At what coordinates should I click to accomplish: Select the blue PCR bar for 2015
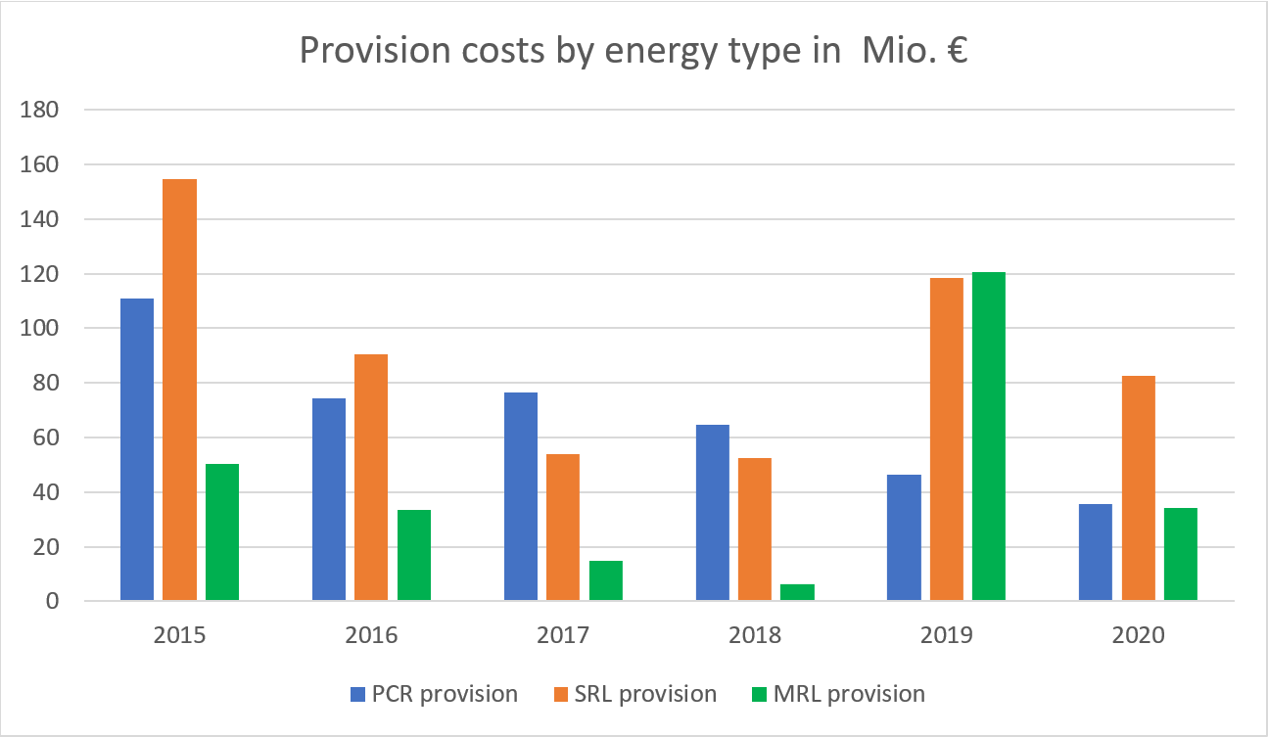pos(136,449)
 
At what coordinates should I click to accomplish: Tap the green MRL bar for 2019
pos(988,437)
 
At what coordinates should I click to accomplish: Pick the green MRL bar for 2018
pos(797,592)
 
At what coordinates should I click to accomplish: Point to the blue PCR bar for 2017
pos(520,496)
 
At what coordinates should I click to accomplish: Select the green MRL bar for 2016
pos(413,555)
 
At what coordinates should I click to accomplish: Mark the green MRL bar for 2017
pos(605,580)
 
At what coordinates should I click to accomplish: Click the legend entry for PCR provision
pos(434,694)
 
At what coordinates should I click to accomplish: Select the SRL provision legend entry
pos(633,694)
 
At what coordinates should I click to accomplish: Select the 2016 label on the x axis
pos(371,635)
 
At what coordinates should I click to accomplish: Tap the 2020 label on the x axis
pos(1138,635)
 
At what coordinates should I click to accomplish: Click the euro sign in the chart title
pos(956,51)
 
